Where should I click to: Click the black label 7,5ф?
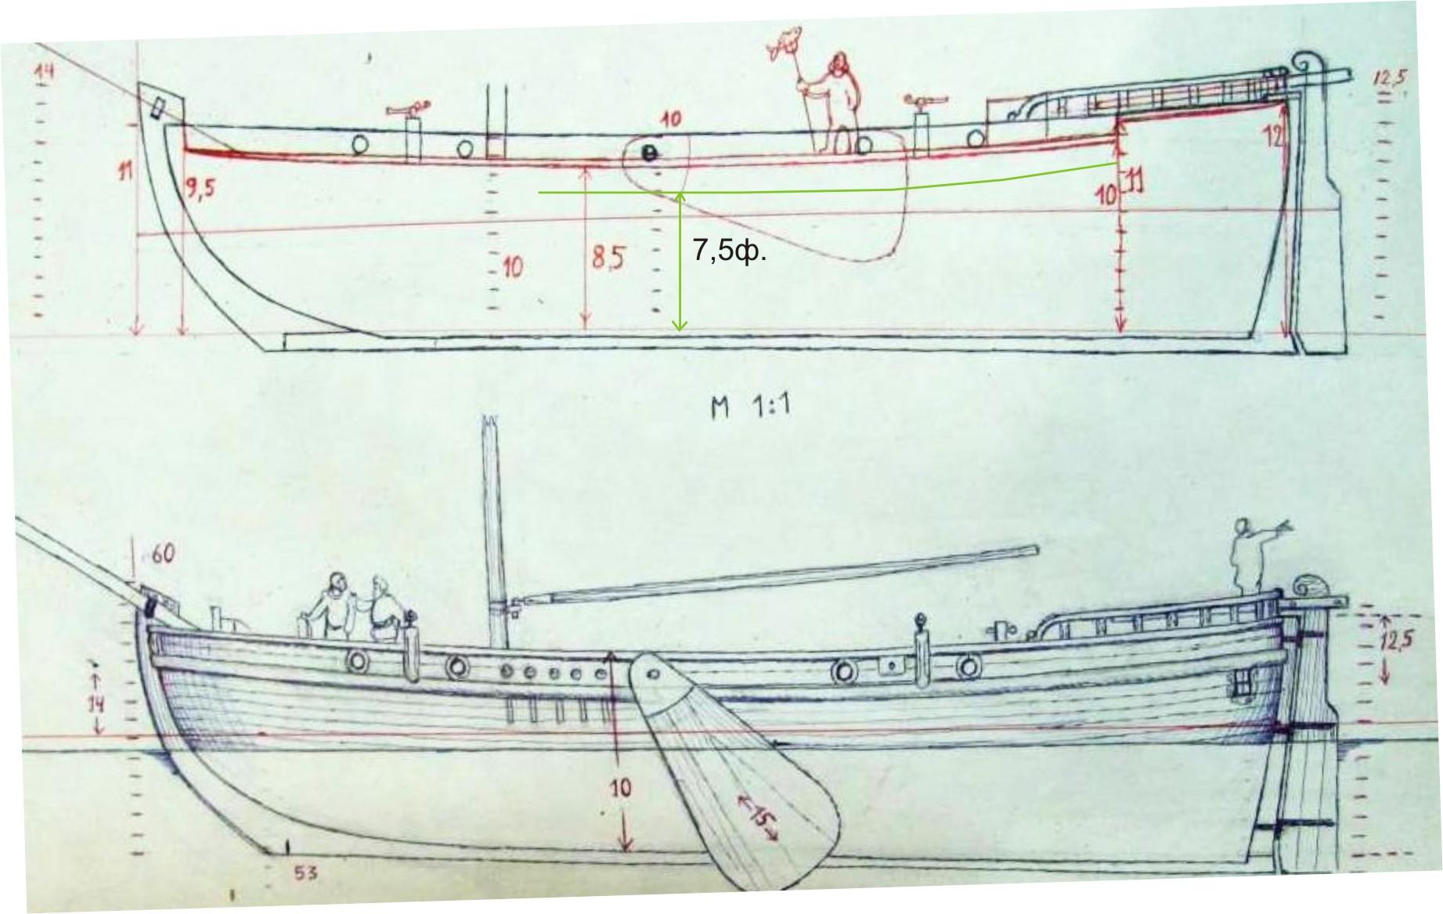pos(729,251)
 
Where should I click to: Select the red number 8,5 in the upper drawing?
pos(608,257)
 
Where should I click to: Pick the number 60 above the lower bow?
pos(163,555)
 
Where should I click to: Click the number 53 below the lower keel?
pos(305,872)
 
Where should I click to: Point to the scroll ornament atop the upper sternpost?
pos(1305,62)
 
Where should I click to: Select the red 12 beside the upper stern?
pos(1274,136)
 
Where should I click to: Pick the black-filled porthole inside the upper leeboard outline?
pos(648,154)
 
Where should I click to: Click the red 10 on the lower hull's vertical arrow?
pos(620,788)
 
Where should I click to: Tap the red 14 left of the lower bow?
pos(96,703)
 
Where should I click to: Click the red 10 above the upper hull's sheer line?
pos(670,119)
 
